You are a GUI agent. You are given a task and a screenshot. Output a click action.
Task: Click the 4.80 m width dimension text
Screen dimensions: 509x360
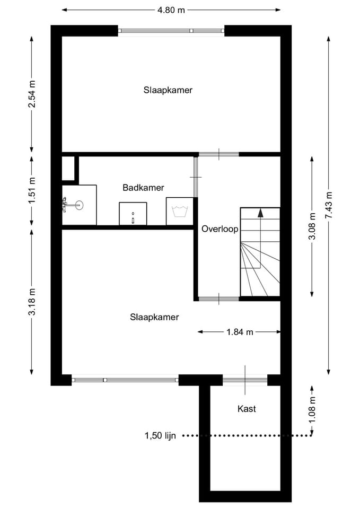[171, 10]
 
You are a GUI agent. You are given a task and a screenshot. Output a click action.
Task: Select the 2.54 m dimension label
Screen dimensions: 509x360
[32, 94]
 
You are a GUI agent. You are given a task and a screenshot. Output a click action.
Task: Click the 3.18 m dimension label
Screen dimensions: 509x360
[32, 302]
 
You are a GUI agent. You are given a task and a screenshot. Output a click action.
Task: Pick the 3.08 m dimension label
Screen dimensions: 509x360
[312, 226]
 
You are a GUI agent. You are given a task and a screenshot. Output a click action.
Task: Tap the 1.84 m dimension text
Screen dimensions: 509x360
[239, 332]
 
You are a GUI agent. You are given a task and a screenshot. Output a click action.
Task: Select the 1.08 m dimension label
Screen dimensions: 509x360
[312, 409]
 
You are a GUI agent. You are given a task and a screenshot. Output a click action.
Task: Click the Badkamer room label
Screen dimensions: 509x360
[143, 188]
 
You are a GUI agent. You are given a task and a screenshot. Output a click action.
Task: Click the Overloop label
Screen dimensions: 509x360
[220, 229]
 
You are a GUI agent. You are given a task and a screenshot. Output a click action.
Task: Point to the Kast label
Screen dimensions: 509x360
[247, 409]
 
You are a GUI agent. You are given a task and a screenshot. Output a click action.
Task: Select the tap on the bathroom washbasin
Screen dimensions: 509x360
[65, 204]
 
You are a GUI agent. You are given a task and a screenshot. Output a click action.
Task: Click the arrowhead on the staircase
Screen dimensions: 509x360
[260, 213]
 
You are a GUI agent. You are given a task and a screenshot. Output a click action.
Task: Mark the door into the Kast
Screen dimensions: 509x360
[245, 380]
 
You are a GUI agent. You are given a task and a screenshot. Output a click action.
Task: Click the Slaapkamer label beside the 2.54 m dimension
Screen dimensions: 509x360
[168, 90]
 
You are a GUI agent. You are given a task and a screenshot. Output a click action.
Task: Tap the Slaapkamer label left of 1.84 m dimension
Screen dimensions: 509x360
[154, 317]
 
